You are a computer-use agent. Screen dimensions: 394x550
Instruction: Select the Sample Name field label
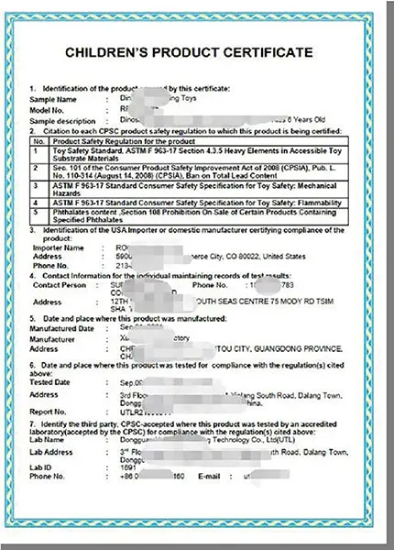[x=52, y=96]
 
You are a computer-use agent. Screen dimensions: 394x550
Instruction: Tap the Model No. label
[x=48, y=108]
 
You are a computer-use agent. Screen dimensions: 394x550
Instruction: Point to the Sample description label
[x=61, y=120]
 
